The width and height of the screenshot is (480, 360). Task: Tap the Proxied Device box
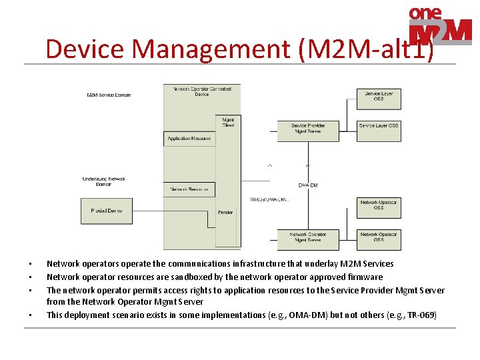pyautogui.click(x=107, y=211)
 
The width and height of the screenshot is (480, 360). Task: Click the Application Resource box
pyautogui.click(x=189, y=139)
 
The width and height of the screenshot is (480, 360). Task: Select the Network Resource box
pyautogui.click(x=189, y=189)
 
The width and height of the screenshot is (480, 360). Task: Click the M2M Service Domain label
pyautogui.click(x=109, y=95)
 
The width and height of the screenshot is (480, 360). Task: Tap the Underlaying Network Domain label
pyautogui.click(x=103, y=181)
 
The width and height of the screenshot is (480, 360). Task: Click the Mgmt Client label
pyautogui.click(x=228, y=123)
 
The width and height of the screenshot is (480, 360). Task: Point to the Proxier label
pyautogui.click(x=225, y=213)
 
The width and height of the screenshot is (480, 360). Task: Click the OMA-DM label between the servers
pyautogui.click(x=308, y=185)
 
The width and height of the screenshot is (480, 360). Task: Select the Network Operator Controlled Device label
pyautogui.click(x=201, y=91)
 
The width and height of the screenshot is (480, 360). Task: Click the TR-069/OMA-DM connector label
pyautogui.click(x=269, y=199)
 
